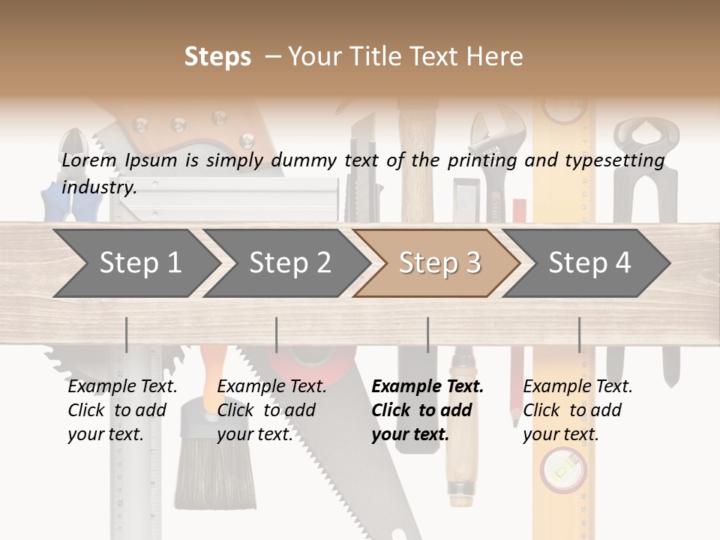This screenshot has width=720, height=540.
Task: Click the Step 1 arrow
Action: tap(139, 263)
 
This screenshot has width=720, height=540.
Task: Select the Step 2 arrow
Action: tap(289, 263)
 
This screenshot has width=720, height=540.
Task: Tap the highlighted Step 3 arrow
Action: tap(439, 263)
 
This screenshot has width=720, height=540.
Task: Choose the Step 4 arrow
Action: tap(589, 263)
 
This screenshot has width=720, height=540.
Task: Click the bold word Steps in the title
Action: tap(217, 57)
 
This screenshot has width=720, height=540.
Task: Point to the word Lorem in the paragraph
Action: tap(89, 160)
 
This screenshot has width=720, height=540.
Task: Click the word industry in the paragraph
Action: tap(98, 187)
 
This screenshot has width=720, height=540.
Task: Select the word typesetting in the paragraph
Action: tap(614, 160)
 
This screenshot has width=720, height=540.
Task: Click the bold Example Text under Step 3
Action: tap(427, 387)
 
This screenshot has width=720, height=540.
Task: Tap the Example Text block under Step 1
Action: tap(122, 410)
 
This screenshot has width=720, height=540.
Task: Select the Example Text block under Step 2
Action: tap(271, 410)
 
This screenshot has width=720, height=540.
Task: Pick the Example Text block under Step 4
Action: tap(577, 410)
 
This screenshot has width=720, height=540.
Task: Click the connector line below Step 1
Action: tap(126, 334)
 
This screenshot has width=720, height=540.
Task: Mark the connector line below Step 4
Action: tap(579, 334)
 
